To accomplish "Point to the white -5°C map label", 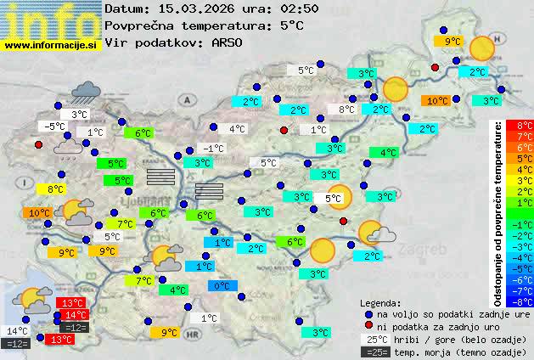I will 53,127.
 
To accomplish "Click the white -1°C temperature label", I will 212,149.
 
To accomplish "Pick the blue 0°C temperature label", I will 222,286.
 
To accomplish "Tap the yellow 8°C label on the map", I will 55,189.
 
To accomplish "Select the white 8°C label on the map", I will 346,110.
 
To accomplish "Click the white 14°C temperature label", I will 17,331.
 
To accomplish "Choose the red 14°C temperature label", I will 76,315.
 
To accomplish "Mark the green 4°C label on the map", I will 388,153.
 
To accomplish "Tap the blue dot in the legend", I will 368,313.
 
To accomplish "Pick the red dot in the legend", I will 368,326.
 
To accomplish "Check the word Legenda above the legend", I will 380,303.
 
